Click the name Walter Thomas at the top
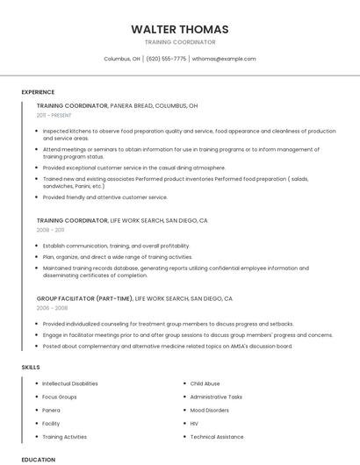pyautogui.click(x=179, y=29)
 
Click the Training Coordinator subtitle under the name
pyautogui.click(x=179, y=42)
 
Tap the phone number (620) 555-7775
pyautogui.click(x=166, y=59)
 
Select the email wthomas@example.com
pyautogui.click(x=224, y=59)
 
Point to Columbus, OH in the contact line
pyautogui.click(x=122, y=59)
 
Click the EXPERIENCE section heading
pyautogui.click(x=38, y=92)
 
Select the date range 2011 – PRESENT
pyautogui.click(x=54, y=115)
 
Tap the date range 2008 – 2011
pyautogui.click(x=50, y=230)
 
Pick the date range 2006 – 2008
pyautogui.click(x=52, y=308)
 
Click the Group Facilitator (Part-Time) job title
pyautogui.click(x=84, y=298)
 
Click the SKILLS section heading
pyautogui.click(x=31, y=367)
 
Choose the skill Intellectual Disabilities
pyautogui.click(x=70, y=383)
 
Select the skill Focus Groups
pyautogui.click(x=59, y=397)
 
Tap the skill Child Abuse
pyautogui.click(x=205, y=383)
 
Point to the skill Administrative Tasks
pyautogui.click(x=216, y=397)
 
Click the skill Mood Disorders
pyautogui.click(x=210, y=410)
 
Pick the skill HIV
pyautogui.click(x=194, y=423)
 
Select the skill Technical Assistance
pyautogui.click(x=217, y=436)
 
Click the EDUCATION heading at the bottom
pyautogui.click(x=38, y=459)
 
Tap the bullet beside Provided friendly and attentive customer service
pyautogui.click(x=37, y=197)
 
